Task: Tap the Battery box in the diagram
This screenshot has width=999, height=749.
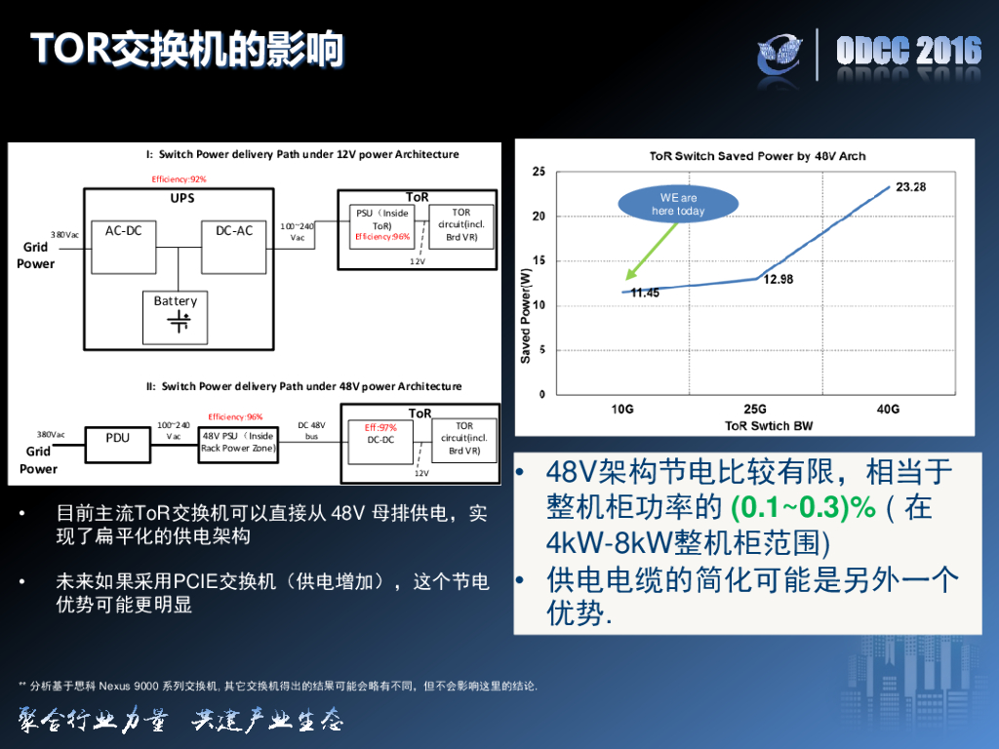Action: [x=176, y=316]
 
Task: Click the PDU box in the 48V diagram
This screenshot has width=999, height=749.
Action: [x=117, y=439]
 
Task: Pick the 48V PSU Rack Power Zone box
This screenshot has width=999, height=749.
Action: [x=239, y=442]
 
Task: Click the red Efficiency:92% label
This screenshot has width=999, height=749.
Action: [x=179, y=179]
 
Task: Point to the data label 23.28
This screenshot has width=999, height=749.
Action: [x=910, y=187]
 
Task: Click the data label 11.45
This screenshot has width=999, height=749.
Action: [x=645, y=293]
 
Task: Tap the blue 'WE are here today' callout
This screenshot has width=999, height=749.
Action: [x=677, y=205]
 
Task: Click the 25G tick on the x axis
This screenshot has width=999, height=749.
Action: [x=754, y=409]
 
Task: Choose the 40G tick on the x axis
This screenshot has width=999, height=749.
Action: [x=888, y=409]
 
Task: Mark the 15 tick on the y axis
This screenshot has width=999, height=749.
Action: [x=539, y=261]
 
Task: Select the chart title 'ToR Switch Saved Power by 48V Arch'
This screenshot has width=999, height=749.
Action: [x=757, y=156]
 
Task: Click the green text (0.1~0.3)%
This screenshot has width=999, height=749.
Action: [x=790, y=508]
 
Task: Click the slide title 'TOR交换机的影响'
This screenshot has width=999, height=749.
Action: [x=185, y=49]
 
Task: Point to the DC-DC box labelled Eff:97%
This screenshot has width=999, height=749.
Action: [x=380, y=434]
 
